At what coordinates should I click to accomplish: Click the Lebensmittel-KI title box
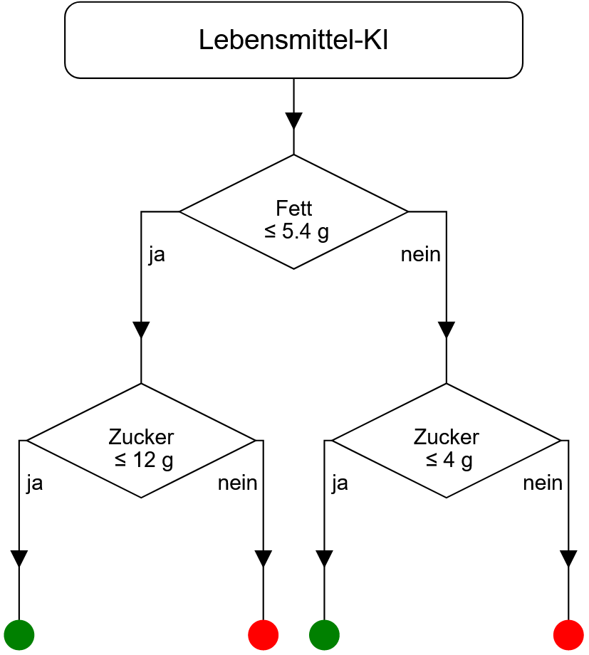point(293,40)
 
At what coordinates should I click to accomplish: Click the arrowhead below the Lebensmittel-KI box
point(293,120)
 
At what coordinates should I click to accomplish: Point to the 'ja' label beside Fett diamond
point(157,255)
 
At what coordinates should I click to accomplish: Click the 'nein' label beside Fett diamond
point(420,255)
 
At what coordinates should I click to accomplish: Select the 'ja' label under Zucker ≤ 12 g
point(34,483)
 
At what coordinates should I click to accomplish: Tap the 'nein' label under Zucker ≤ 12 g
point(237,483)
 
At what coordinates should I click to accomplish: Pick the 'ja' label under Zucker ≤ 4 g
point(340,483)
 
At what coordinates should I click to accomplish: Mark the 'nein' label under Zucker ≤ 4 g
point(543,483)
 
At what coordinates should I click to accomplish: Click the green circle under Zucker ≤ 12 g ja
point(19,634)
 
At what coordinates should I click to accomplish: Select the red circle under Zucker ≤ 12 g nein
point(264,634)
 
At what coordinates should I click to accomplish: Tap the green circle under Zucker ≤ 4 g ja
point(325,634)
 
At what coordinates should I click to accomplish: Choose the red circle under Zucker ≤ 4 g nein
point(568,634)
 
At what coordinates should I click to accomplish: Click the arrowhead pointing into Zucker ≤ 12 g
point(141,330)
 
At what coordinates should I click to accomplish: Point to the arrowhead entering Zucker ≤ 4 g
point(447,330)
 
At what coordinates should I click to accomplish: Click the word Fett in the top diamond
point(293,209)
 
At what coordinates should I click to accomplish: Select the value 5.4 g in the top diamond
point(306,231)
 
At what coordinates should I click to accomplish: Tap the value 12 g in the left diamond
point(153,461)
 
